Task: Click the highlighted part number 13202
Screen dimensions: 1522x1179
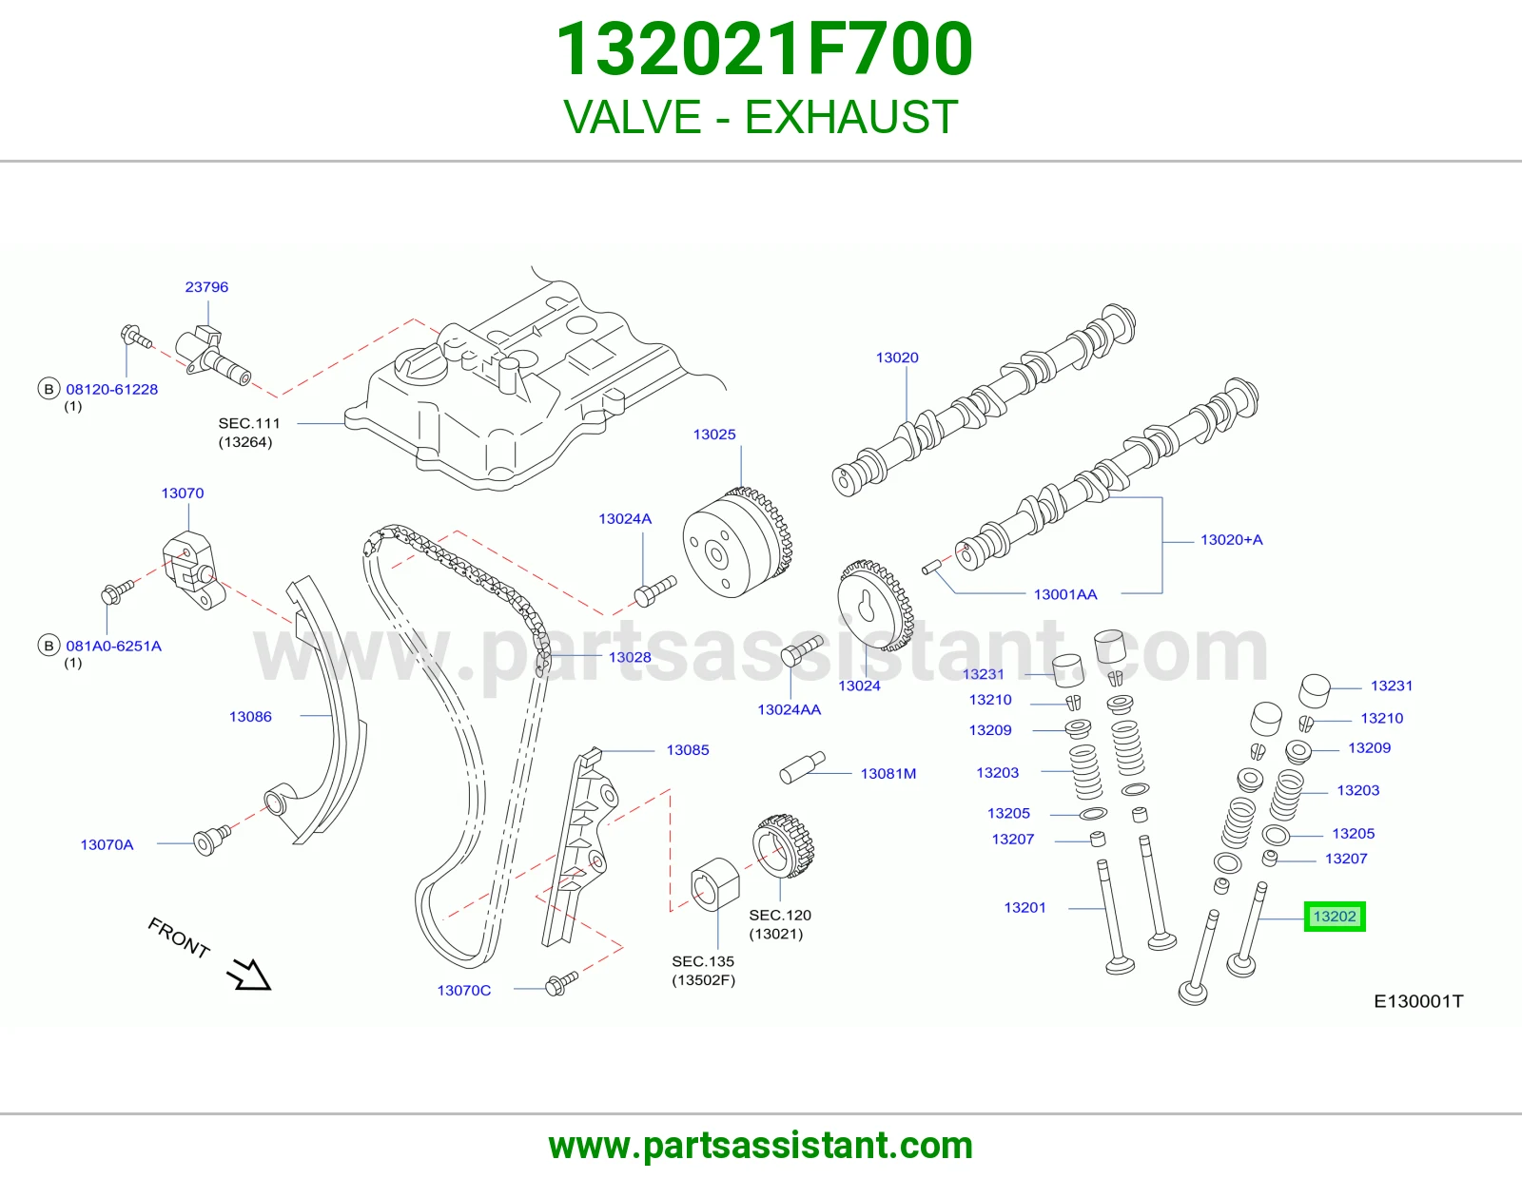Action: point(1335,917)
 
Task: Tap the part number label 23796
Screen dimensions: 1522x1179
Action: point(206,287)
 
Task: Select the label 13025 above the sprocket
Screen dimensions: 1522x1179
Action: point(714,435)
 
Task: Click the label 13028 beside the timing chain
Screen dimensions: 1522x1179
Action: point(630,657)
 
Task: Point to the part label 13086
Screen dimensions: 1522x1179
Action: point(250,716)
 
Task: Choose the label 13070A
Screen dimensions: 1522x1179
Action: point(107,844)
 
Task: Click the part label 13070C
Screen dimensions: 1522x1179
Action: point(463,990)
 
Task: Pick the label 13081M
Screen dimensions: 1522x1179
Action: point(888,774)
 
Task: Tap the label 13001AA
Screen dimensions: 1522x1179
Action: point(1065,594)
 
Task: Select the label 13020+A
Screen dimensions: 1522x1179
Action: point(1231,540)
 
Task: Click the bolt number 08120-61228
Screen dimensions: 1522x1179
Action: point(112,389)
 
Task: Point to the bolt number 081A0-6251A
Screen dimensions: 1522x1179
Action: point(113,646)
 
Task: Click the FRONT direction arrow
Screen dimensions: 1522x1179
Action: point(249,974)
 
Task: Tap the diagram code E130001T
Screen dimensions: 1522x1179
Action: point(1418,1001)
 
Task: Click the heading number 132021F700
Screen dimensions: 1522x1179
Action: point(763,49)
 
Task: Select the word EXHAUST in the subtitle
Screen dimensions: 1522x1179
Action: point(850,117)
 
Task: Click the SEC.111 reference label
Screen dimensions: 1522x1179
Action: point(248,423)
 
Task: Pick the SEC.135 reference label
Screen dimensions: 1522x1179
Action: point(703,961)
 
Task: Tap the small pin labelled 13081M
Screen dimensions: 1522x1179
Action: point(803,767)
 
